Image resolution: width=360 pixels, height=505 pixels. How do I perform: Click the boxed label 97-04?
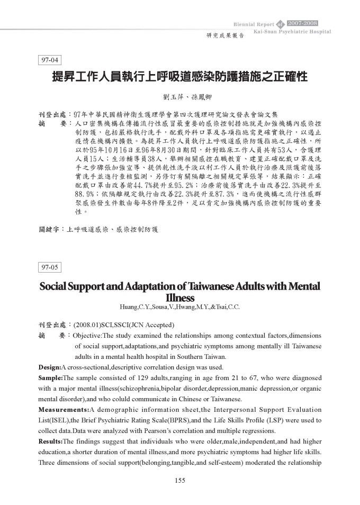tap(51, 60)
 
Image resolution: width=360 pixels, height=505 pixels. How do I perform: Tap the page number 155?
tap(179, 480)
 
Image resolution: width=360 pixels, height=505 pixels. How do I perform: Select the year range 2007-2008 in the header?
tap(302, 23)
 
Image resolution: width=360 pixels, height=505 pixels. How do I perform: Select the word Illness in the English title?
tap(180, 297)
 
